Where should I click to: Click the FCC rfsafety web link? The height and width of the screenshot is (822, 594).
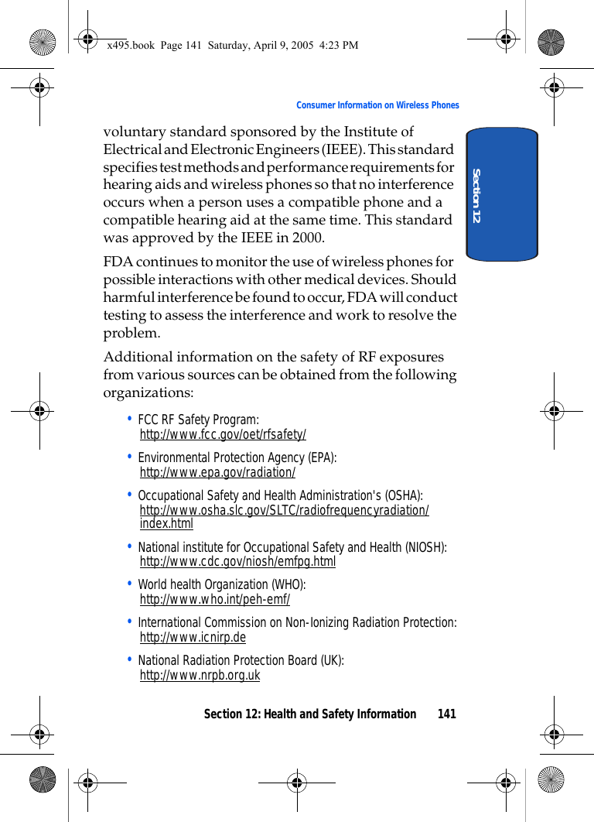coord(223,435)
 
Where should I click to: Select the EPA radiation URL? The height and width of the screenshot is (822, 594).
coord(217,473)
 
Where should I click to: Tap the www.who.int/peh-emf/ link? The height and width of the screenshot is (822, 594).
coord(215,599)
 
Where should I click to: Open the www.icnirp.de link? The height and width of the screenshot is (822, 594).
coord(193,637)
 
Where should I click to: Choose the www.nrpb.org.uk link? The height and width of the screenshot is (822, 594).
coord(200,675)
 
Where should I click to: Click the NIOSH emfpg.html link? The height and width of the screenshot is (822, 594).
coord(237,561)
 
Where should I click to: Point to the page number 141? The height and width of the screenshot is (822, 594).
coord(446,714)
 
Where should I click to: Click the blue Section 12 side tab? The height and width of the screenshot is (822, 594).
coord(502,194)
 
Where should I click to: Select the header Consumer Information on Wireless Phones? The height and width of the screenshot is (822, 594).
coord(377,105)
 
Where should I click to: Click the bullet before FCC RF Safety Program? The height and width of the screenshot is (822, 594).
coord(129,419)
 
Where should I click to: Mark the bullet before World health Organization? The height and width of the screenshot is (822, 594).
coord(129,584)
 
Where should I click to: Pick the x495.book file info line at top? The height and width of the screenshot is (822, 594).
coord(232,45)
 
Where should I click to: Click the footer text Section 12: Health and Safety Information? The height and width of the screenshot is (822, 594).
coord(309,714)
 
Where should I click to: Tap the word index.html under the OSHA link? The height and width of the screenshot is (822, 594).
coord(166,524)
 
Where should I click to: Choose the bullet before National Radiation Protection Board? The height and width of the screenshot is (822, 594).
coord(129,659)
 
